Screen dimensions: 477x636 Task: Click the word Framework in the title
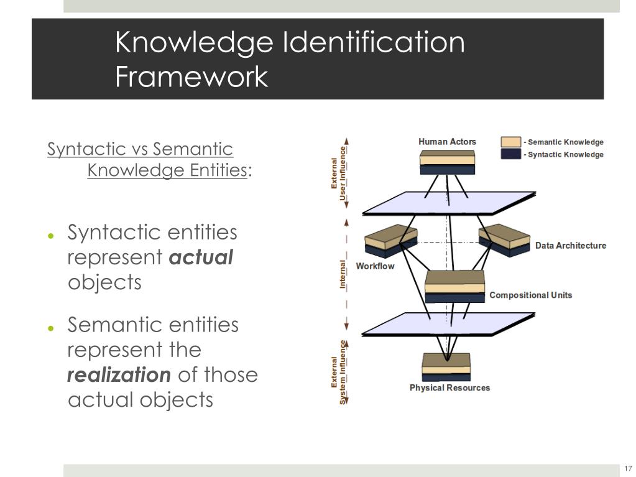(x=191, y=77)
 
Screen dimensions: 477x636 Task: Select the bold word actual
(x=201, y=257)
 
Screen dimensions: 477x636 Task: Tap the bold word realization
(x=119, y=375)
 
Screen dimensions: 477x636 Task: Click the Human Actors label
(x=447, y=142)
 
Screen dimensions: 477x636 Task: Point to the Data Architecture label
(x=570, y=246)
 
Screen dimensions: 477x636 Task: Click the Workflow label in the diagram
(x=375, y=266)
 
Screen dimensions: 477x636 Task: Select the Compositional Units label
(x=530, y=295)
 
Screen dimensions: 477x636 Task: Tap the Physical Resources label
(x=449, y=388)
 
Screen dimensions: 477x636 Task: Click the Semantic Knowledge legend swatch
(x=511, y=142)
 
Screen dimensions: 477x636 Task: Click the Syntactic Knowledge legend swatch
(x=511, y=154)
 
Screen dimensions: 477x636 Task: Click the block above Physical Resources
(x=446, y=367)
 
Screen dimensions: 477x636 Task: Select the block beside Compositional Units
(x=454, y=286)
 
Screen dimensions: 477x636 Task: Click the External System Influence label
(x=339, y=372)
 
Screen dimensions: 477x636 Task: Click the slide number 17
(x=627, y=468)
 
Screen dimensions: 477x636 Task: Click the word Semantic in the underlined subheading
(x=193, y=149)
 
